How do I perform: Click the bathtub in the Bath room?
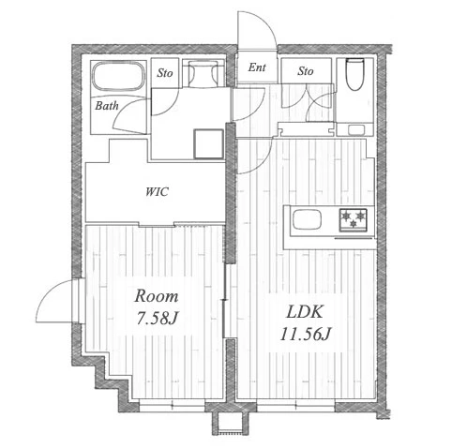(x=119, y=77)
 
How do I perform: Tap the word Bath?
(x=107, y=106)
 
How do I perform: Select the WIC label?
(x=157, y=191)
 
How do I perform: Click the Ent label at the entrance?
(x=257, y=67)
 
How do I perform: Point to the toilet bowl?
(x=354, y=74)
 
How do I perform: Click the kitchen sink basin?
(x=307, y=219)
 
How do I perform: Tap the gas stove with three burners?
(x=354, y=220)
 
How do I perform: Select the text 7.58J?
(x=158, y=319)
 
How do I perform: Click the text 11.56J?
(x=305, y=334)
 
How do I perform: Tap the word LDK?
(x=305, y=311)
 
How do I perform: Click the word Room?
(x=157, y=295)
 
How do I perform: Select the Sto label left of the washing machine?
(x=165, y=73)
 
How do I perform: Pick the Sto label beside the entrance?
(x=306, y=71)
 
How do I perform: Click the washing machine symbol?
(x=203, y=73)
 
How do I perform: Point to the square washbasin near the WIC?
(x=208, y=143)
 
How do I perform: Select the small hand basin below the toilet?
(x=356, y=129)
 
